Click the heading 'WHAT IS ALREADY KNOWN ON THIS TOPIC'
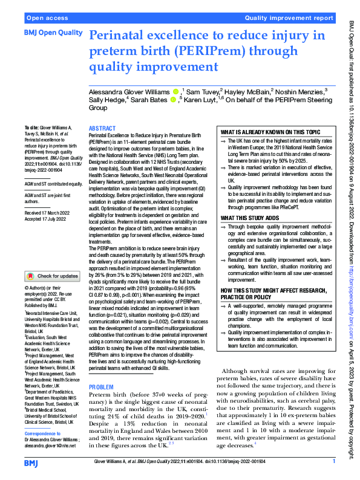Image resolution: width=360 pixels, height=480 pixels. tap(270, 132)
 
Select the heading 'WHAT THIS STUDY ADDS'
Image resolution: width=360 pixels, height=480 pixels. tap(250, 201)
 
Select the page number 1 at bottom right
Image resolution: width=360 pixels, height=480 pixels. tap(334, 462)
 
